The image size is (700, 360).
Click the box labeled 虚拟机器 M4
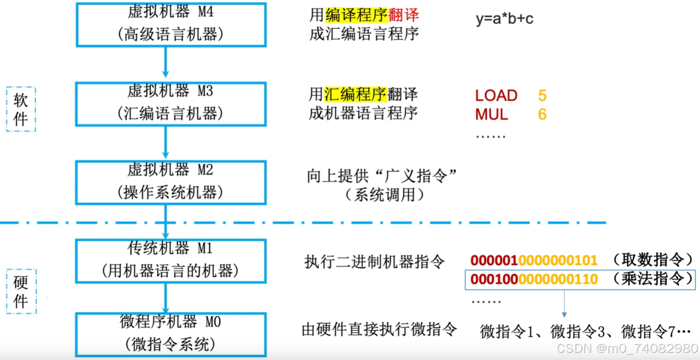(x=171, y=24)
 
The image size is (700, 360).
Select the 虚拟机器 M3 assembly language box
(x=171, y=104)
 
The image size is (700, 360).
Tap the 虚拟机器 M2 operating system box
(x=171, y=182)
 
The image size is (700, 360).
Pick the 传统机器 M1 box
(x=171, y=261)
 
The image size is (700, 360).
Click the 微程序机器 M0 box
(x=171, y=334)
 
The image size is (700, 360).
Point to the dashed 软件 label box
(x=21, y=109)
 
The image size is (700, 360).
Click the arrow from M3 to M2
(x=166, y=142)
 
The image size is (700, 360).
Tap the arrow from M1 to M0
(x=166, y=298)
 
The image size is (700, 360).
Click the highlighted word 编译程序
(x=357, y=15)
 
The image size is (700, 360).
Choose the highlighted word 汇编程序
(x=356, y=94)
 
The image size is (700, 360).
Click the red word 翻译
(x=404, y=15)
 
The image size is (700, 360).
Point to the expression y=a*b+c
(x=504, y=19)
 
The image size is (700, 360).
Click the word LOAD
(x=496, y=96)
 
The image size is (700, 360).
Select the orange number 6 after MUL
(x=542, y=114)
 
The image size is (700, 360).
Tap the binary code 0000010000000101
(x=534, y=261)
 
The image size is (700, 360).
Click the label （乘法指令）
(x=652, y=279)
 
